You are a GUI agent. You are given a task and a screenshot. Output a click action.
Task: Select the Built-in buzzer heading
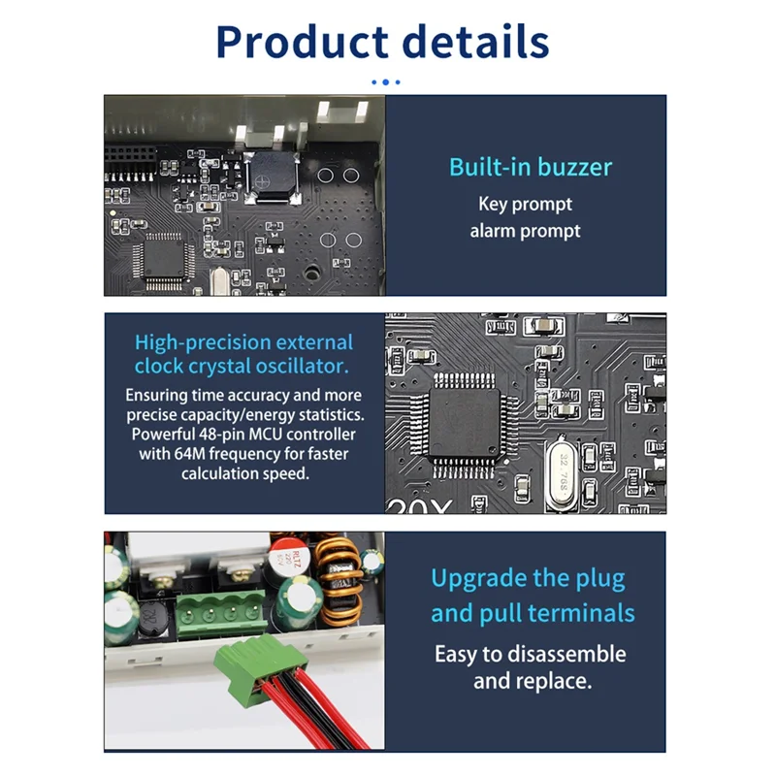click(530, 167)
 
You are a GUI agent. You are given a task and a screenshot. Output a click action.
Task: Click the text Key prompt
click(525, 204)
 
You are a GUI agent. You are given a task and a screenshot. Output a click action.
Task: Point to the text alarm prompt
click(525, 231)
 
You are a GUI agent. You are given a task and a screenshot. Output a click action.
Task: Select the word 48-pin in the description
click(219, 434)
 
